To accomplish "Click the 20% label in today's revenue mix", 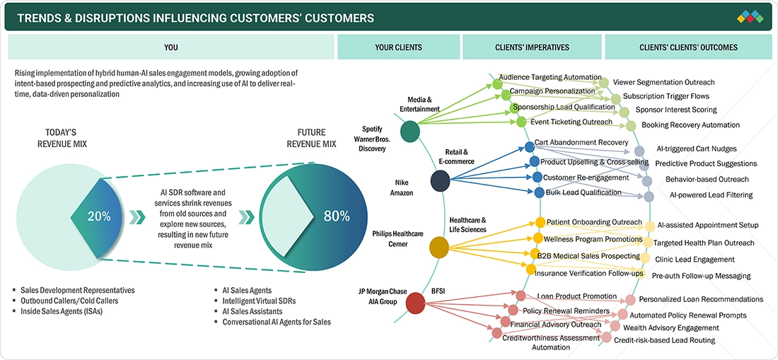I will pyautogui.click(x=99, y=216).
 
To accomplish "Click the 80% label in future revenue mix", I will pyautogui.click(x=336, y=216).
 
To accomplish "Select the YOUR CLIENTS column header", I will pyautogui.click(x=398, y=47).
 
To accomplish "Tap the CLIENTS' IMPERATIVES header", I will pyautogui.click(x=532, y=47).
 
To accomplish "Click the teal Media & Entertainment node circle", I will pyautogui.click(x=409, y=131).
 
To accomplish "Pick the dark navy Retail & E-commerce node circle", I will pyautogui.click(x=440, y=181).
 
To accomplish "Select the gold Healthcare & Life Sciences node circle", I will pyautogui.click(x=439, y=247).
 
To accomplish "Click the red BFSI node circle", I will pyautogui.click(x=415, y=303).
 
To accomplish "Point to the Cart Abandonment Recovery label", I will pyautogui.click(x=581, y=142).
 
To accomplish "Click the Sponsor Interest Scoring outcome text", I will pyautogui.click(x=675, y=110).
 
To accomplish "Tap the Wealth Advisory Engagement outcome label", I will pyautogui.click(x=670, y=327).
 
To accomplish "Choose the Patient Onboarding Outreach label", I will pyautogui.click(x=594, y=222).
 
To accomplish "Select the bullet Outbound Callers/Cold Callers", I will pyautogui.click(x=69, y=301).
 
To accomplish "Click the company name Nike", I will pyautogui.click(x=401, y=182).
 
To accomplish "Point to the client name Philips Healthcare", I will pyautogui.click(x=398, y=233).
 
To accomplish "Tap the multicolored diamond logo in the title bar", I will pyautogui.click(x=750, y=16).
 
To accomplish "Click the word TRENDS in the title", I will pyautogui.click(x=40, y=18).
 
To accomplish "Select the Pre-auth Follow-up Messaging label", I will pyautogui.click(x=701, y=276).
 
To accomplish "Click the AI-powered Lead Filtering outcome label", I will pyautogui.click(x=711, y=194).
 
